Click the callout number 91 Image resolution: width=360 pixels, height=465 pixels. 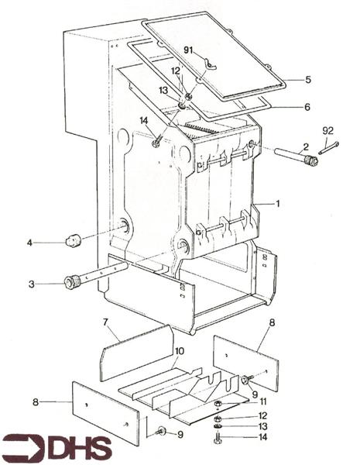point(189,50)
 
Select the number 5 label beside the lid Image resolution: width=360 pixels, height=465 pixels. point(307,80)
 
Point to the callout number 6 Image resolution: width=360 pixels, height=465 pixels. point(307,108)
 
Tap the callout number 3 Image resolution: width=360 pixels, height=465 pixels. point(32,284)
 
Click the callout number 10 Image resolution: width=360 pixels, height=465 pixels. point(179,351)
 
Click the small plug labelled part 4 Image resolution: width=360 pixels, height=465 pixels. point(73,240)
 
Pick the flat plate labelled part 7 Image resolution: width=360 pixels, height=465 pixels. point(136,353)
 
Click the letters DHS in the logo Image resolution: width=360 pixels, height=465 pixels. point(80,448)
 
